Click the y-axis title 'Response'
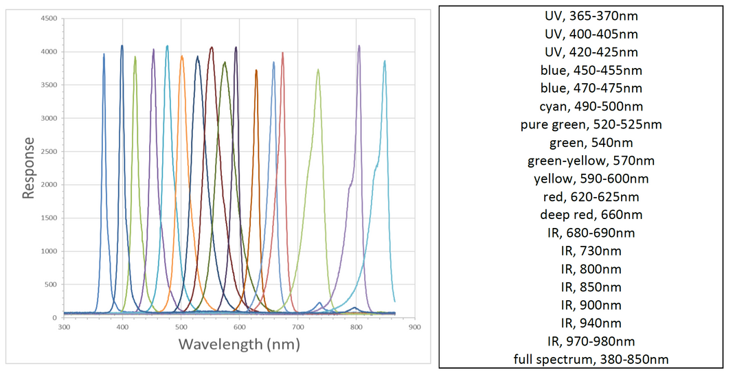(x=29, y=168)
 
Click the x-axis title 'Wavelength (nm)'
(x=239, y=344)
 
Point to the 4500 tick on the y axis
(x=48, y=19)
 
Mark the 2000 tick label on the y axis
(x=48, y=185)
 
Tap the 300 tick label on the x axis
(x=64, y=328)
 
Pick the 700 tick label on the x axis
(x=297, y=328)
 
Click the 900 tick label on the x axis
(x=414, y=328)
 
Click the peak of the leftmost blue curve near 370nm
(x=104, y=54)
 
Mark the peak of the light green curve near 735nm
(x=318, y=69)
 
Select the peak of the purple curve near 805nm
(x=359, y=46)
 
